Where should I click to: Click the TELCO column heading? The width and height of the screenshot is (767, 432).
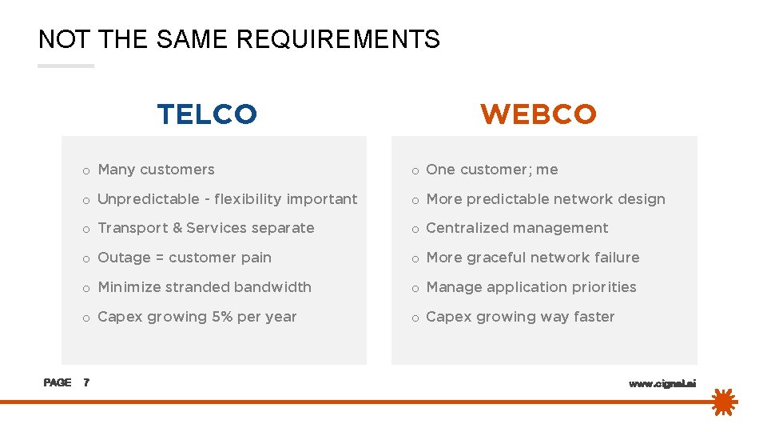[x=207, y=114]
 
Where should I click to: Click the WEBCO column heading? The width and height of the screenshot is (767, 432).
[x=538, y=114]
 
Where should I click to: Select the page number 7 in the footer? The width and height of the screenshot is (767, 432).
[x=86, y=383]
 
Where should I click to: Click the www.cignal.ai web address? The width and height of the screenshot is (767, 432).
[x=662, y=384]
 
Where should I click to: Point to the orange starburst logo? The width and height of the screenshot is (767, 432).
[x=724, y=402]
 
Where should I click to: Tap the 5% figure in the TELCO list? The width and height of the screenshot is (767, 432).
[x=222, y=317]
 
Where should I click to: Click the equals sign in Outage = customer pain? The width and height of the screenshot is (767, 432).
[x=160, y=258]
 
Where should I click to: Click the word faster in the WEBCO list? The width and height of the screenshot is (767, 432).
[x=594, y=317]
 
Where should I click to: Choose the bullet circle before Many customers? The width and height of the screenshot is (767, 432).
[x=85, y=170]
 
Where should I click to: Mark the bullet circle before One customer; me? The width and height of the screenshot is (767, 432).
[x=415, y=170]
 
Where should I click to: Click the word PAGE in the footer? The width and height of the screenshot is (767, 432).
[x=58, y=383]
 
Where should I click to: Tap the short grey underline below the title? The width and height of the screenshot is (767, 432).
[x=66, y=66]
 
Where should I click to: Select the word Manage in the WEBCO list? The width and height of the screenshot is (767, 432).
[x=455, y=287]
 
